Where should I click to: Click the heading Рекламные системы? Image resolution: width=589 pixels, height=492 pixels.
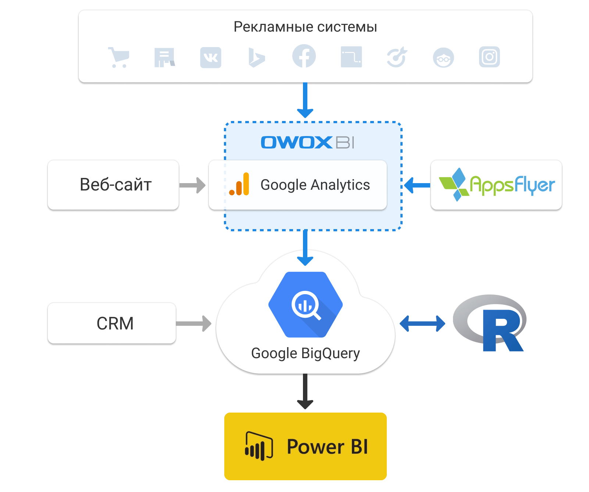(305, 27)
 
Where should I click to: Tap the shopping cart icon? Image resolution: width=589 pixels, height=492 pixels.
(119, 57)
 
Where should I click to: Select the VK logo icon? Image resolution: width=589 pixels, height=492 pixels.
(211, 57)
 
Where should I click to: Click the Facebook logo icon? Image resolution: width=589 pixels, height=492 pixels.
(304, 56)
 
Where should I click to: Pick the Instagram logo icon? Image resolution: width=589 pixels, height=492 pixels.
(489, 57)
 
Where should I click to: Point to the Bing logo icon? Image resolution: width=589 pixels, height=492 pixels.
(257, 58)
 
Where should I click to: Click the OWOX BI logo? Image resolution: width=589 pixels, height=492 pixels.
(307, 142)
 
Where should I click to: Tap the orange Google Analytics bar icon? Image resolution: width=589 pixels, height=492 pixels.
(239, 185)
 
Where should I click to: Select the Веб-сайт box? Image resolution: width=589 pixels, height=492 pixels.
(113, 185)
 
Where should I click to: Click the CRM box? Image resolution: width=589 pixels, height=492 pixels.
(112, 323)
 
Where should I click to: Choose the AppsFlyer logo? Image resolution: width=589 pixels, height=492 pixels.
(496, 185)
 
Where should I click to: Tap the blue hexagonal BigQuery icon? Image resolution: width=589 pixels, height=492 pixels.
(306, 304)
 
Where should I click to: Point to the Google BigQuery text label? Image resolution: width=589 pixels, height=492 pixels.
(306, 353)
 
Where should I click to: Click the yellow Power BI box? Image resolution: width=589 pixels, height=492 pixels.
(306, 446)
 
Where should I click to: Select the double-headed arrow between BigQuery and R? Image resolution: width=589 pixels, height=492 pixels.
(422, 324)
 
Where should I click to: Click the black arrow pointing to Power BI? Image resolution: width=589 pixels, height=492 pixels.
(305, 391)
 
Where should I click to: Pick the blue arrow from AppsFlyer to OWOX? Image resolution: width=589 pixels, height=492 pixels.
(417, 185)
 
